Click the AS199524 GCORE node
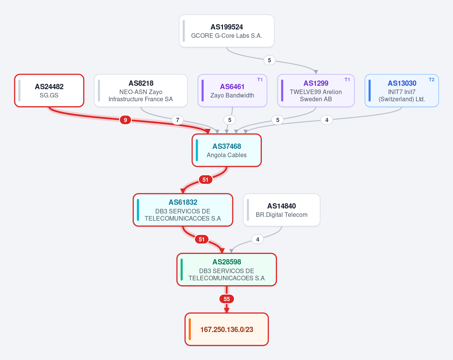pyautogui.click(x=227, y=31)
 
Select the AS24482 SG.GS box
pyautogui.click(x=49, y=90)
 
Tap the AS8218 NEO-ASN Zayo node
pyautogui.click(x=141, y=90)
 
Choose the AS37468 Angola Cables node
pyautogui.click(x=227, y=150)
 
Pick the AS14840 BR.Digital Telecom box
pyautogui.click(x=282, y=210)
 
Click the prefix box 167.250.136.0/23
pyautogui.click(x=227, y=329)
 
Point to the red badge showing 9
pyautogui.click(x=125, y=120)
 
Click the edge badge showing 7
pyautogui.click(x=178, y=120)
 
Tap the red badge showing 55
pyautogui.click(x=227, y=299)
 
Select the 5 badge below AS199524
pyautogui.click(x=269, y=60)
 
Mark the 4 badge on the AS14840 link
pyautogui.click(x=257, y=239)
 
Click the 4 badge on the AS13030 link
pyautogui.click(x=327, y=120)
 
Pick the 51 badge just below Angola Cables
pyautogui.click(x=206, y=180)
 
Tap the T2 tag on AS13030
pyautogui.click(x=431, y=80)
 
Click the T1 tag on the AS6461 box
pyautogui.click(x=260, y=80)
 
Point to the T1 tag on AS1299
pyautogui.click(x=347, y=80)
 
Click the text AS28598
pyautogui.click(x=227, y=262)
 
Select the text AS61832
pyautogui.click(x=183, y=202)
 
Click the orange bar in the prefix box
pyautogui.click(x=190, y=329)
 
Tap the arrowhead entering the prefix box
pyautogui.click(x=227, y=310)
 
